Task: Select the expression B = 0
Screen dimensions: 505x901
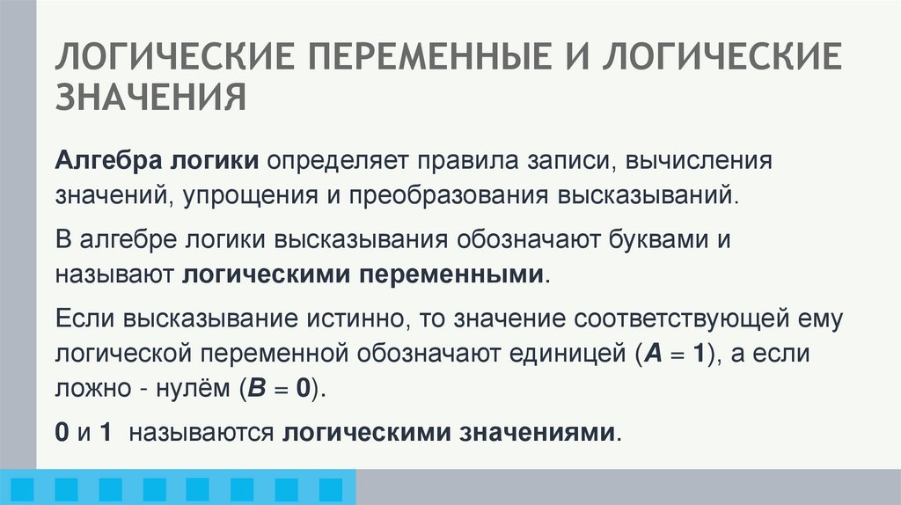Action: (x=280, y=387)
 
